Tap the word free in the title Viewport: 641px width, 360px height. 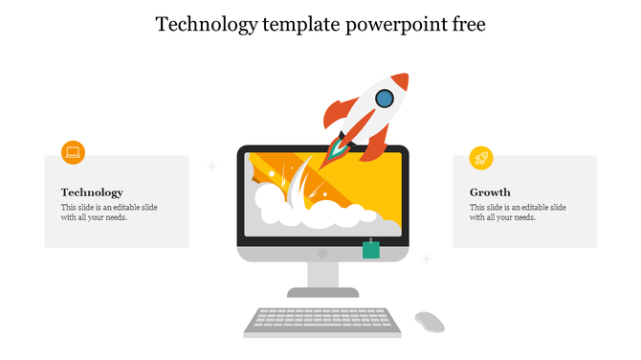coord(467,25)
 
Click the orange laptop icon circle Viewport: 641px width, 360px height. coord(73,152)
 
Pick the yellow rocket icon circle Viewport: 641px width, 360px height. coord(481,158)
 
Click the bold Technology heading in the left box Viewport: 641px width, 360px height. coord(92,192)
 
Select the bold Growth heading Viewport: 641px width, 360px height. coord(490,192)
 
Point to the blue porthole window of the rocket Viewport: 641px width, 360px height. coord(384,98)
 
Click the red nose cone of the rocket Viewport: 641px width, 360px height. coord(401,80)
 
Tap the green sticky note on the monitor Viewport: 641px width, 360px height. coord(371,250)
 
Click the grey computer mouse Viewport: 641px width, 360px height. coord(429,321)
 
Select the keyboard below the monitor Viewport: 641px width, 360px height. coord(321,320)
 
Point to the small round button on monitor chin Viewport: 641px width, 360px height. coord(322,254)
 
